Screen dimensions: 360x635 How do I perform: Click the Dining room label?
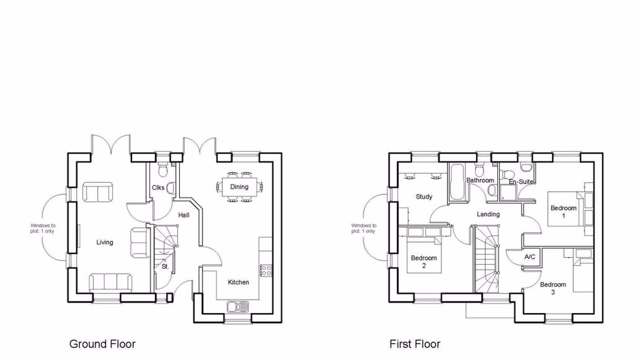click(239, 187)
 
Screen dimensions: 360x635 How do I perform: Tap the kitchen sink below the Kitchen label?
click(239, 307)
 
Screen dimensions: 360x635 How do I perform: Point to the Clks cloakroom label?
click(158, 187)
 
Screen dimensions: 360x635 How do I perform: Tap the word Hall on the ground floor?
click(184, 216)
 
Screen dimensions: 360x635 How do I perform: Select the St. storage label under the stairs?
click(164, 267)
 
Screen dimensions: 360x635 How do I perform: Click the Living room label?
click(105, 242)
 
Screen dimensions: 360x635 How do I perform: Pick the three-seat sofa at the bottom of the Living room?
click(111, 281)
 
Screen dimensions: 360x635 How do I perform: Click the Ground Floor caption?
click(102, 344)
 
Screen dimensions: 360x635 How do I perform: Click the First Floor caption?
click(415, 344)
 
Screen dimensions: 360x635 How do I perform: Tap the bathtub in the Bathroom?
click(457, 183)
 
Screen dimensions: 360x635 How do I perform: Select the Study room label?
click(424, 197)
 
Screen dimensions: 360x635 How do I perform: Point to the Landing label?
click(488, 215)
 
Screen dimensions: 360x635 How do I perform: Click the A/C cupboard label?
click(530, 258)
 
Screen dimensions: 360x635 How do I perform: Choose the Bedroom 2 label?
click(424, 262)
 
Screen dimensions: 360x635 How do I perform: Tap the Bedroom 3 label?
click(552, 288)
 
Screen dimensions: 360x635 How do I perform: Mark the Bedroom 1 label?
click(563, 211)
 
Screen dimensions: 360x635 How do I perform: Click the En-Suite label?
click(520, 182)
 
